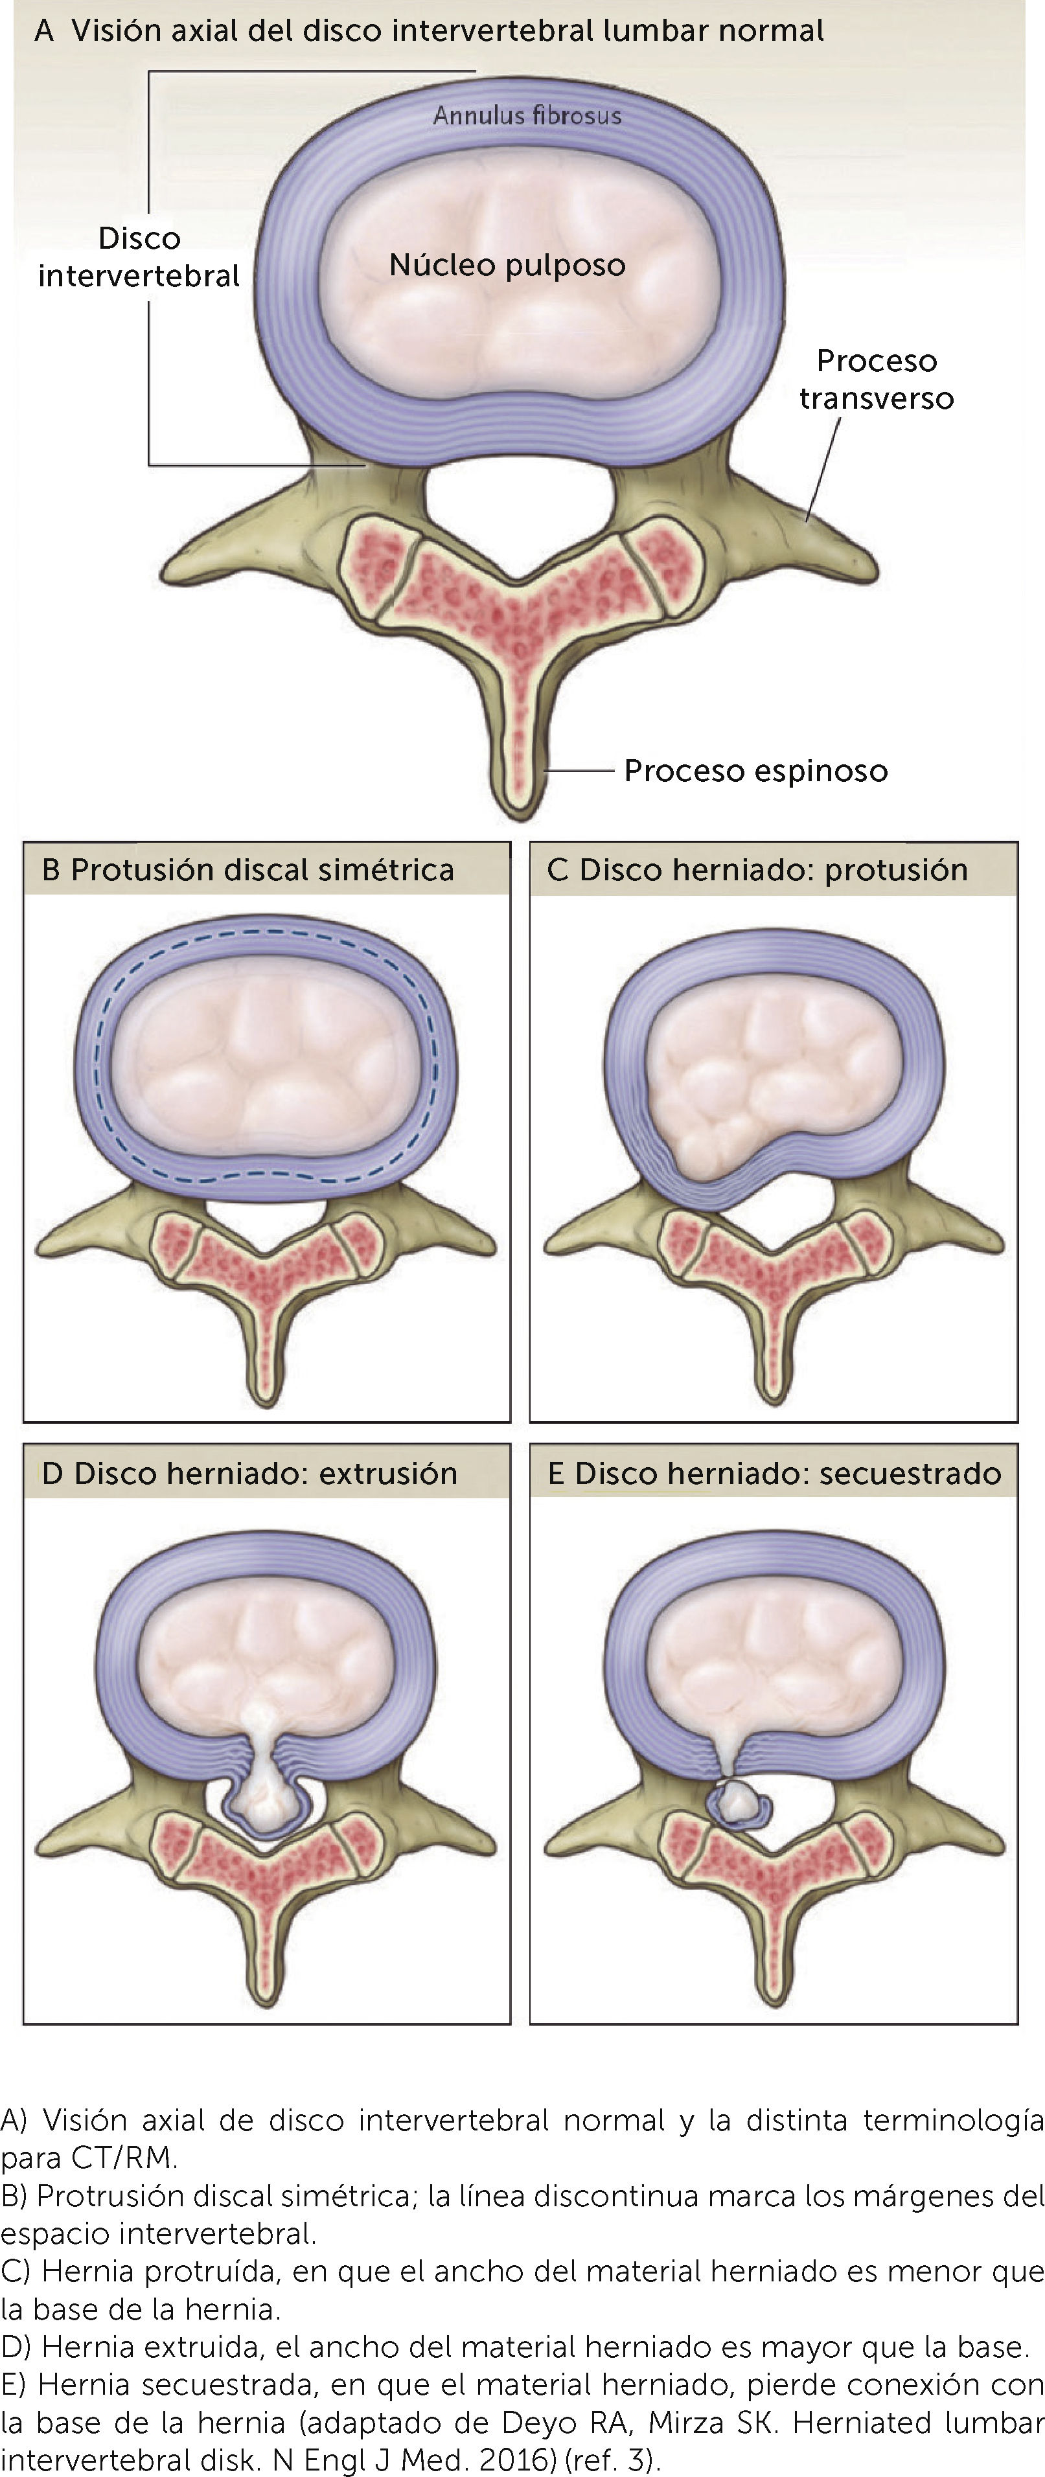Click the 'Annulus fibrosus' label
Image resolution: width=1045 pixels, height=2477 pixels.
click(527, 115)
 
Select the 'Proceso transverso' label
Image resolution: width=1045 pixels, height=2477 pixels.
click(876, 379)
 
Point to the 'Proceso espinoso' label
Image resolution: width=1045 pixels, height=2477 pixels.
click(755, 770)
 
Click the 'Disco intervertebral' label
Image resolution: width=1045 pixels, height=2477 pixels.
click(139, 257)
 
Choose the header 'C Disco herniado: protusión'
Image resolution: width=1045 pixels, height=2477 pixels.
click(757, 869)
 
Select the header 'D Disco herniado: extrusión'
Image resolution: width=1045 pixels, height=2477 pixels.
click(249, 1472)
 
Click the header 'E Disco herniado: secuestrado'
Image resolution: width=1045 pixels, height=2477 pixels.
click(774, 1472)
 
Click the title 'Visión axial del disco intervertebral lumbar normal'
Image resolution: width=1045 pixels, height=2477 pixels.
click(447, 31)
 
